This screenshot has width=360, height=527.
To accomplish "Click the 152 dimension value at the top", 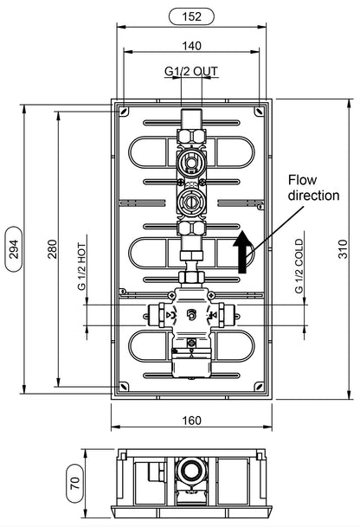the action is click(191, 16).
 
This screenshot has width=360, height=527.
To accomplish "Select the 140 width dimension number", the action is click(191, 46).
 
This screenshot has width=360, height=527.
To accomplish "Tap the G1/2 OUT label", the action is click(191, 71).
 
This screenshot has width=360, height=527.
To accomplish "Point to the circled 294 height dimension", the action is click(14, 248).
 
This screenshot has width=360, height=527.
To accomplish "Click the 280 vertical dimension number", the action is click(53, 248).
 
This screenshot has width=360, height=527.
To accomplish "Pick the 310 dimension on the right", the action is click(343, 248).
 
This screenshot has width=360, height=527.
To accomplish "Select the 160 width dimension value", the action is click(191, 421).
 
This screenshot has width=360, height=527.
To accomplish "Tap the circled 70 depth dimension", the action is click(75, 484).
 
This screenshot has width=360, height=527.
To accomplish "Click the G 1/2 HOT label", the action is click(81, 267).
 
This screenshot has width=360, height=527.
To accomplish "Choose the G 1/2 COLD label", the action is click(299, 267).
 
